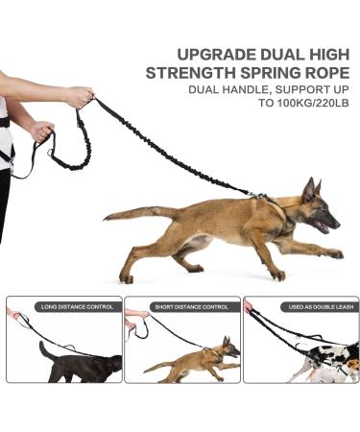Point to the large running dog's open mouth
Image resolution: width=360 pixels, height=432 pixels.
click(323, 227)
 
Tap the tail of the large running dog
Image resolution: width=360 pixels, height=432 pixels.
click(134, 213)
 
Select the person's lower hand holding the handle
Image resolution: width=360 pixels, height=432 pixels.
click(41, 131)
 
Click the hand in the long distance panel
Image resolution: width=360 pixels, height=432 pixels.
click(13, 313)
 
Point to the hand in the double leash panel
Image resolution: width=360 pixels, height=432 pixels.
click(249, 306)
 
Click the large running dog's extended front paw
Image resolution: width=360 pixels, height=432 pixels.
click(335, 254)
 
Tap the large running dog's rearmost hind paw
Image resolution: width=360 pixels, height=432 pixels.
click(126, 278)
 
